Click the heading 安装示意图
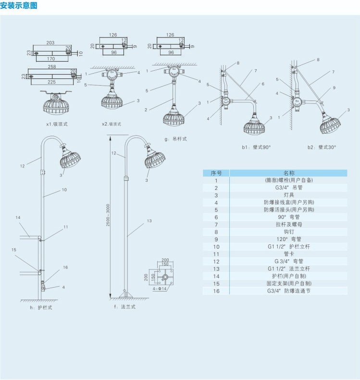(19, 6)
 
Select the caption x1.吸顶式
(57, 124)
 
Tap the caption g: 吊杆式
(175, 139)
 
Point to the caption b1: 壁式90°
(256, 147)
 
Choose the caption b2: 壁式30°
(322, 147)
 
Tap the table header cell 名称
(288, 173)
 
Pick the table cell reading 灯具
(288, 195)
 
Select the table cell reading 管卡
(288, 254)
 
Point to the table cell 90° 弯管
(288, 217)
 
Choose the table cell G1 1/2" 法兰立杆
(288, 269)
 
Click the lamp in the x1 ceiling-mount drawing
(57, 105)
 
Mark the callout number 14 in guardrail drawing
(18, 218)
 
